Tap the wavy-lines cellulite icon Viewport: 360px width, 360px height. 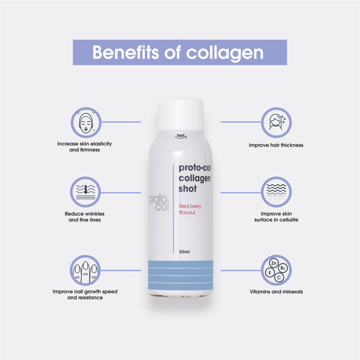point(276,191)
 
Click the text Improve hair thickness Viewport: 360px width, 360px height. point(276,145)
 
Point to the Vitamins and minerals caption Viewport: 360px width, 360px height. point(276,292)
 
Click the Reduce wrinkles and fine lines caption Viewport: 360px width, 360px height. point(85,217)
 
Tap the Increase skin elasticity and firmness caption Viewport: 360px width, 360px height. point(85,147)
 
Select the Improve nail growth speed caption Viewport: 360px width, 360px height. point(85,295)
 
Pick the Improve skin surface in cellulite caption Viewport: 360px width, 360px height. point(276,217)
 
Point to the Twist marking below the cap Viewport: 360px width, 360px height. point(181,136)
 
